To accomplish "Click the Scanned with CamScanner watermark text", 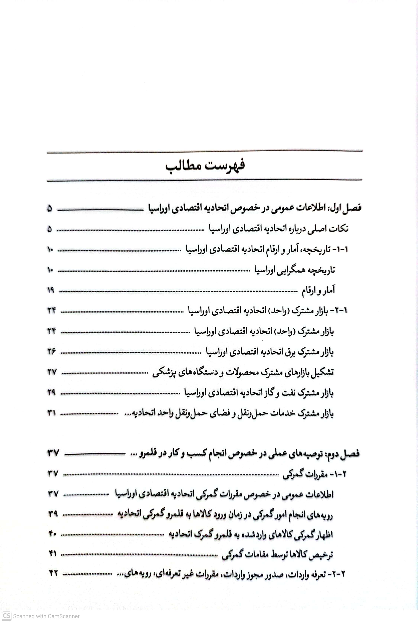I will (46, 616).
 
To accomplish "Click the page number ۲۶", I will (51, 351).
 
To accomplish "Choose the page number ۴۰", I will (52, 534).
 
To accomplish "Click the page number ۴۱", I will (53, 554).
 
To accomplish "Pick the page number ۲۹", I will (51, 392).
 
